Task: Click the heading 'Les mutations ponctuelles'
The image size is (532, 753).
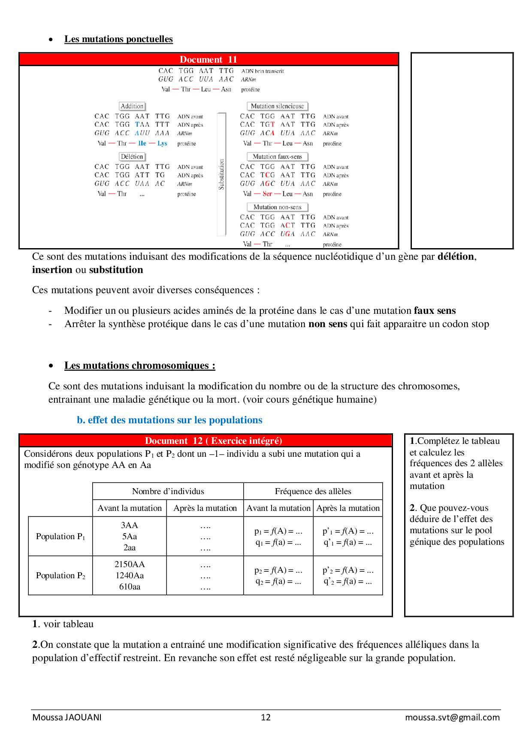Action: point(118,39)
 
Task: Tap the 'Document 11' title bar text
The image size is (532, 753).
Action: point(208,59)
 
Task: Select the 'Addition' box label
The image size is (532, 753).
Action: point(132,106)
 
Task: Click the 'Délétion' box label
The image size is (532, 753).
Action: point(132,157)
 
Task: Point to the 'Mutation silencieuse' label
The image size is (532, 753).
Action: point(277,106)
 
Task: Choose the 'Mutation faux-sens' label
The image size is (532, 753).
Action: point(277,157)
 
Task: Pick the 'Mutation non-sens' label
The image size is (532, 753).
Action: point(277,207)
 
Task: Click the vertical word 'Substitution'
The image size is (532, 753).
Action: point(221,174)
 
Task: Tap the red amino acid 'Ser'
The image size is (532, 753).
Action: point(267,194)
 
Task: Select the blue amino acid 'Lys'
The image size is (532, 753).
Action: point(162,143)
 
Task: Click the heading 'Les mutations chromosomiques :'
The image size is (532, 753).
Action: point(140,365)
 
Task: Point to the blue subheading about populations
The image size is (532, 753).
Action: point(169,420)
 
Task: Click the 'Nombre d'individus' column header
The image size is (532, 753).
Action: point(168,491)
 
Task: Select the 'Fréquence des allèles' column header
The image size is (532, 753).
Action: point(313,491)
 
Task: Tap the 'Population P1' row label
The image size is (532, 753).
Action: point(60,537)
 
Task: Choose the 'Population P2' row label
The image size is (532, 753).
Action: point(60,576)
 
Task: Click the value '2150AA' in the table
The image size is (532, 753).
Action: point(130,564)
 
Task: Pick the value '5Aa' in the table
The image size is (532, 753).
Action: point(130,537)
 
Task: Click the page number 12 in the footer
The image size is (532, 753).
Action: point(266,717)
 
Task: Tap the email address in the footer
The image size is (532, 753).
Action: point(452,717)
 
